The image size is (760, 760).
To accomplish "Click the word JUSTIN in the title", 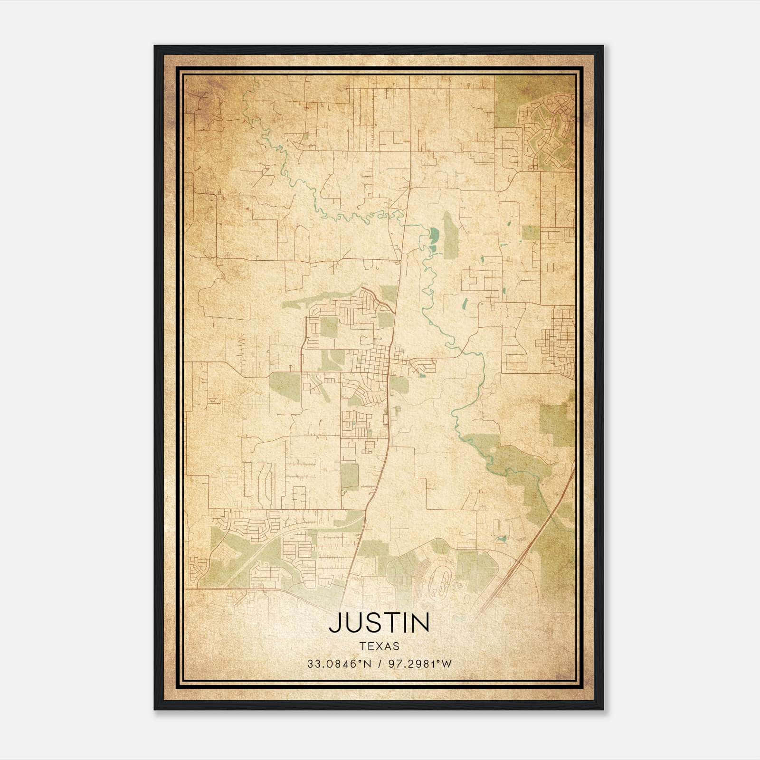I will tap(379, 623).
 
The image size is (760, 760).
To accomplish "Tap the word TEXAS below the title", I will tap(379, 646).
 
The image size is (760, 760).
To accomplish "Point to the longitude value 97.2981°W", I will tap(420, 664).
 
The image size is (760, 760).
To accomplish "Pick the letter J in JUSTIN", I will tap(335, 623).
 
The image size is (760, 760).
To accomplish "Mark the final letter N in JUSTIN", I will tap(420, 623).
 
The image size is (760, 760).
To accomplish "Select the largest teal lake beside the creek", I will tap(434, 234).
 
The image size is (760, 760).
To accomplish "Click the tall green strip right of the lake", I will tap(450, 235).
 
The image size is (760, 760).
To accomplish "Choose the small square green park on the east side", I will tap(531, 232).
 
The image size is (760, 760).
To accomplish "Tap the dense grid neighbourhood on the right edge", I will tap(558, 340).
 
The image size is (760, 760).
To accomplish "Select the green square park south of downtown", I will tap(350, 476).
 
